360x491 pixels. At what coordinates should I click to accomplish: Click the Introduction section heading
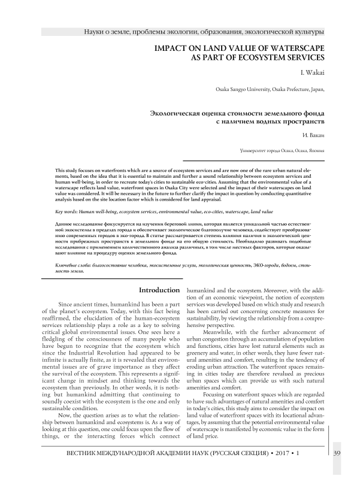159,290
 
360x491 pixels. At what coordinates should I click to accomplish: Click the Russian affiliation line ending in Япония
282,150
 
